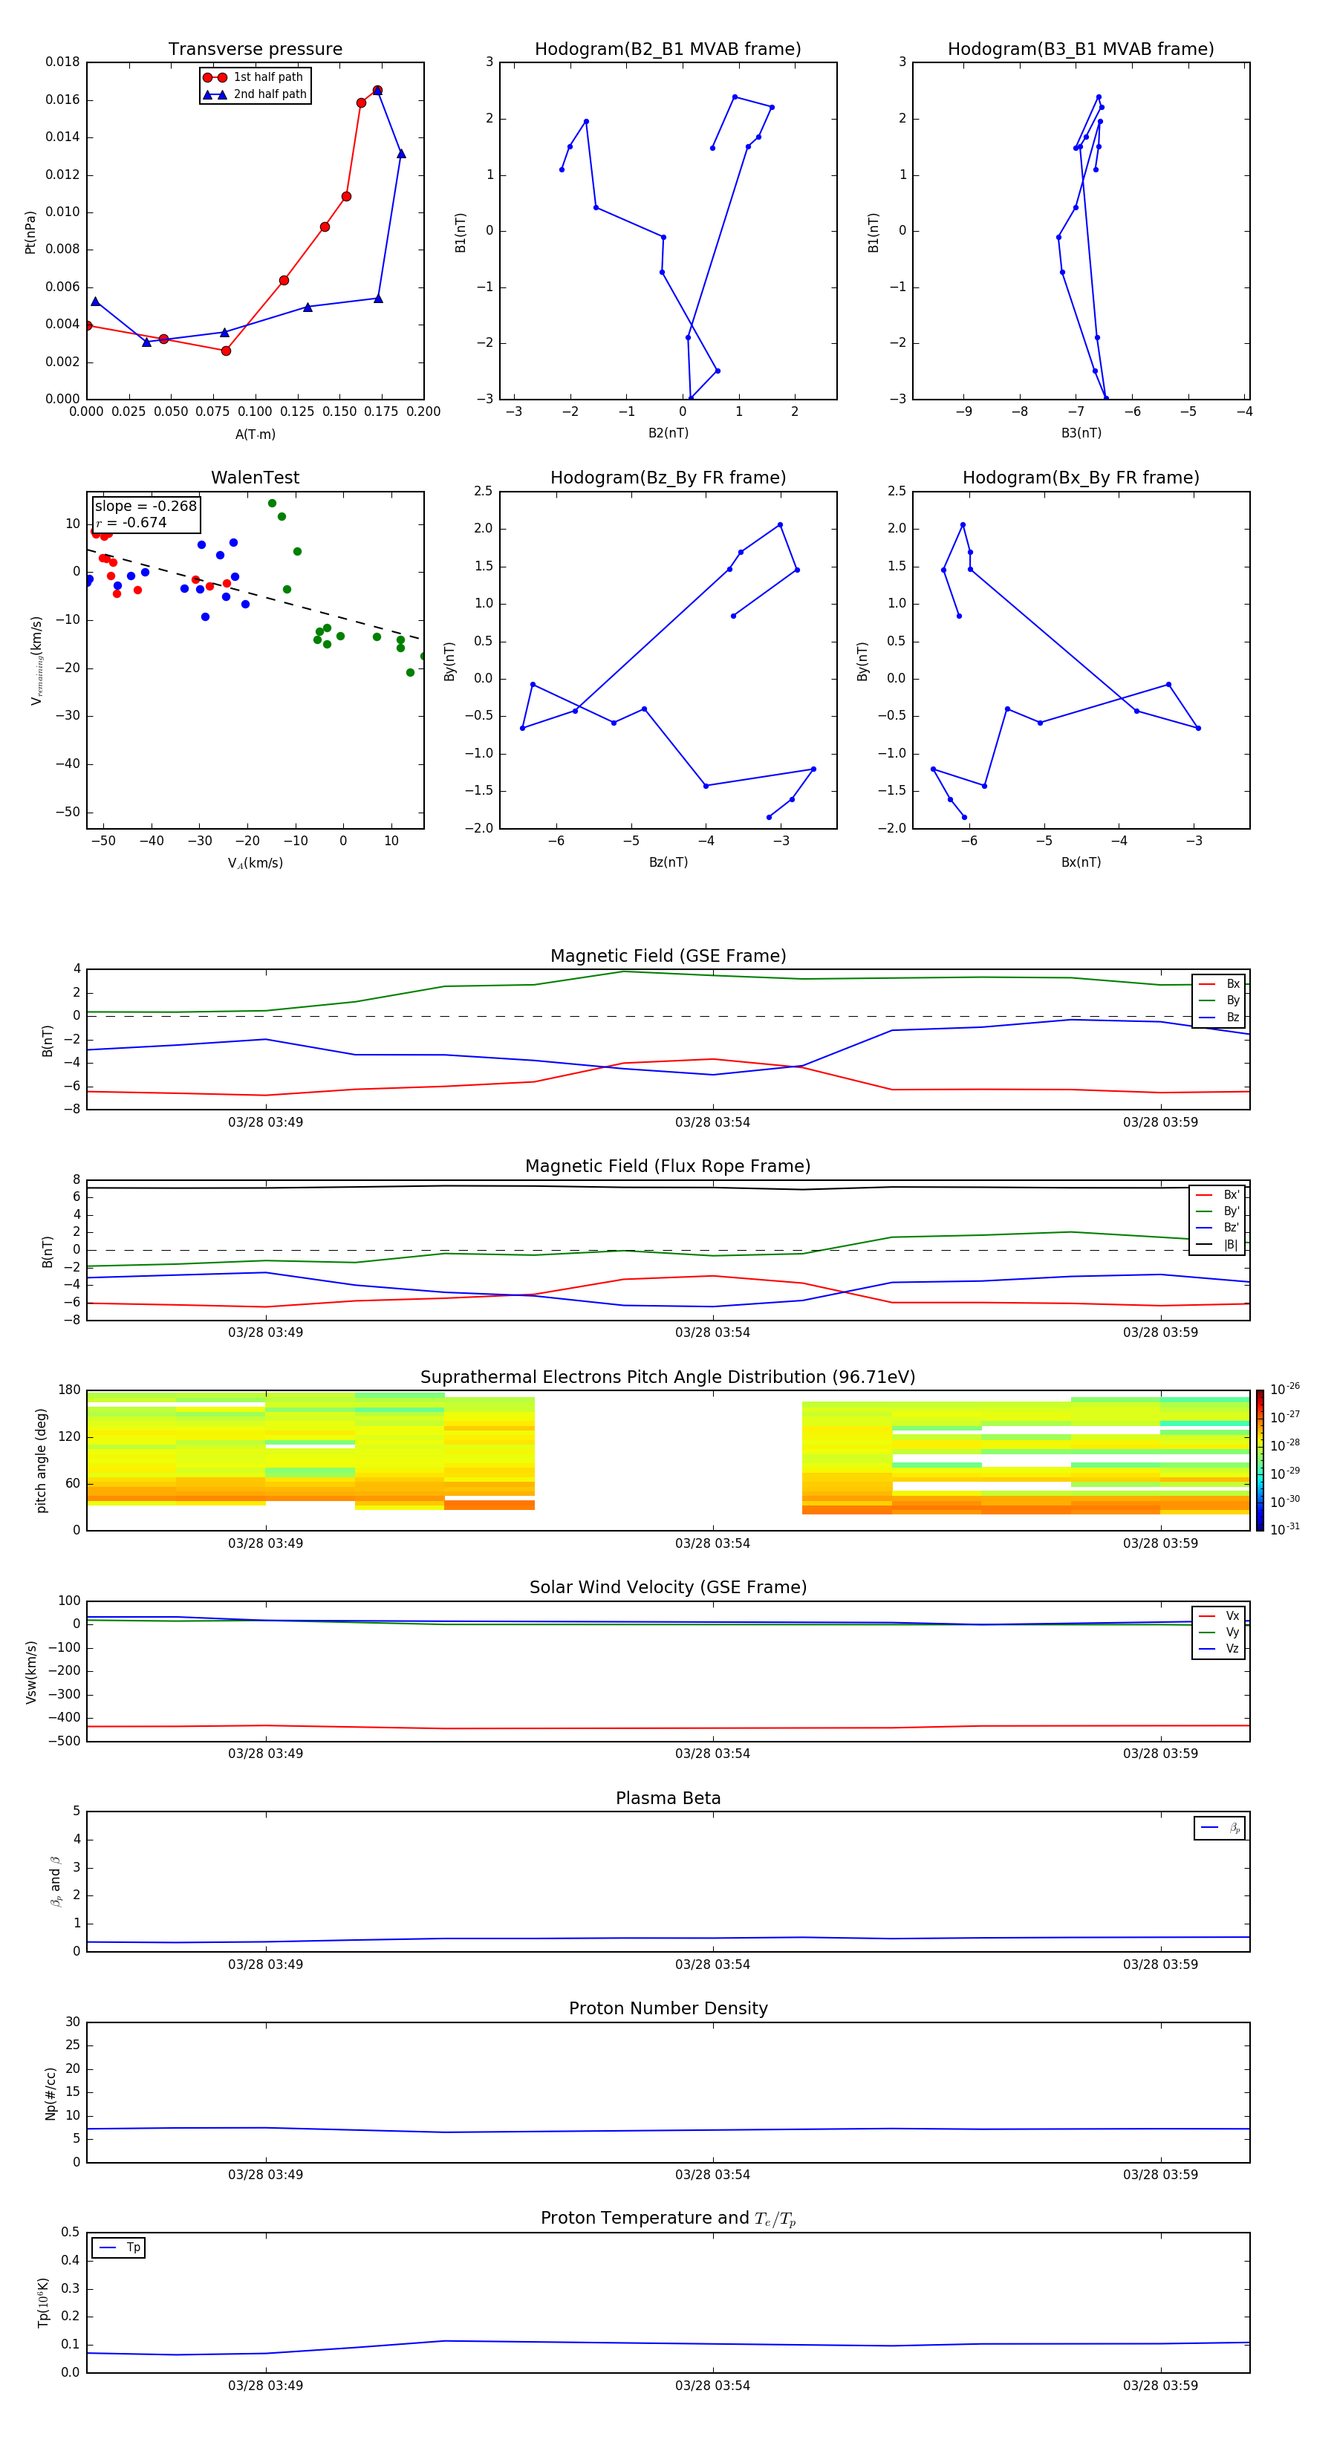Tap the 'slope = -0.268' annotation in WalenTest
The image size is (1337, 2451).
pyautogui.click(x=146, y=507)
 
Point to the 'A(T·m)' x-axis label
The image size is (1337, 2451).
pyautogui.click(x=255, y=434)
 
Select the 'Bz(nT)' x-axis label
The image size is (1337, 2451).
pyautogui.click(x=668, y=862)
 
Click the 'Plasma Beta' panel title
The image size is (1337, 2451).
pyautogui.click(x=668, y=1798)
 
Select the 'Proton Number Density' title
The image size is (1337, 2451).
pyautogui.click(x=668, y=2008)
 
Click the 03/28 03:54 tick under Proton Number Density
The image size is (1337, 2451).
pyautogui.click(x=712, y=2174)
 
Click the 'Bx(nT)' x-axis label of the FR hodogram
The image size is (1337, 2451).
pyautogui.click(x=1080, y=862)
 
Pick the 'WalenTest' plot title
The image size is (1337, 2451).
pyautogui.click(x=255, y=478)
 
